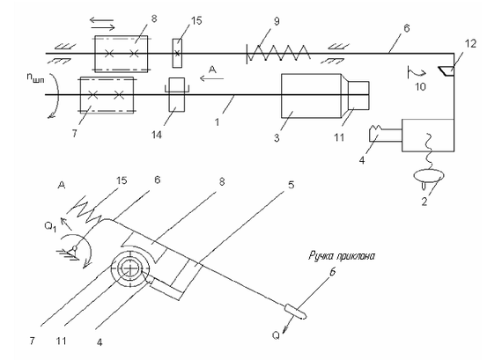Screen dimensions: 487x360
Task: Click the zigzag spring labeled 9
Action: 278,53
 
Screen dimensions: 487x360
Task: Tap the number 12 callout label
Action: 470,44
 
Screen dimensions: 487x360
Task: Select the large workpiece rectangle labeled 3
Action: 311,96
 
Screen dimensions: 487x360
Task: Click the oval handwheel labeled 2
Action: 429,176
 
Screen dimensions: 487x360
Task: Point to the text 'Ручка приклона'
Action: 342,256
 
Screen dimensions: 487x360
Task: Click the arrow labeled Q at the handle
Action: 288,325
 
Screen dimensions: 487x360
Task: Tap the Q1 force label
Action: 50,227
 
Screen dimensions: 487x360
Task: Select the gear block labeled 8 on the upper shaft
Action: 122,54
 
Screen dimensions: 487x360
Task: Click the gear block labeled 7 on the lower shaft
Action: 107,95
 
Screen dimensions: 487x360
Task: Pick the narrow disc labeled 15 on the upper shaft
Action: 177,53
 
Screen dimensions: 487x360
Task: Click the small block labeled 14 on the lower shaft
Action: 176,94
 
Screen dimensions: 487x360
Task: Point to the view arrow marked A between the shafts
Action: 212,79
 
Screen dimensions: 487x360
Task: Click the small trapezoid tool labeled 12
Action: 447,71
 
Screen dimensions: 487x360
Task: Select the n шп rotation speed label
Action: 36,77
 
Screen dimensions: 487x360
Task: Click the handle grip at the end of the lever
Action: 296,312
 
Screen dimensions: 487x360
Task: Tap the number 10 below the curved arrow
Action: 421,86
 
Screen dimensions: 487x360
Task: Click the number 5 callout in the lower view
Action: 291,185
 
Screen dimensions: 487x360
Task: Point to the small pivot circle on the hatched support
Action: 75,248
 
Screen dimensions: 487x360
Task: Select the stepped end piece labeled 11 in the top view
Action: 358,96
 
